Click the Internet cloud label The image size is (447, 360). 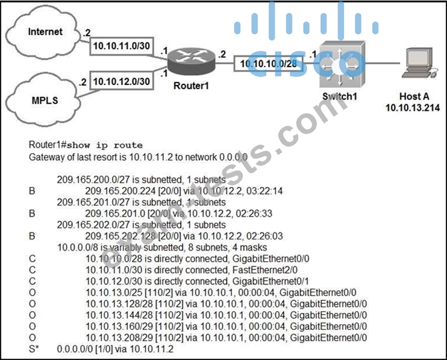click(x=45, y=31)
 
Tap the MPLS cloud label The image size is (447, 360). click(x=45, y=101)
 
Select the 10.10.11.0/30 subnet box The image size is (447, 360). click(x=122, y=46)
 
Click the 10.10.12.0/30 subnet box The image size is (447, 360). click(x=122, y=81)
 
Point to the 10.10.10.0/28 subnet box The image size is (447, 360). click(x=269, y=63)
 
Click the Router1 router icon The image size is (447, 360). click(x=191, y=62)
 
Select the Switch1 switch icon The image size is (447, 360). click(x=342, y=64)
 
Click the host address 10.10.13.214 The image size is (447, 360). click(x=413, y=107)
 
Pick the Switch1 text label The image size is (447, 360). click(x=340, y=96)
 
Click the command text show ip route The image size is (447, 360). click(x=105, y=145)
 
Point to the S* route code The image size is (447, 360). click(x=34, y=349)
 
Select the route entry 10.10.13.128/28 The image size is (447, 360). click(x=119, y=304)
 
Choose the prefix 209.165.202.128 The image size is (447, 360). click(x=120, y=236)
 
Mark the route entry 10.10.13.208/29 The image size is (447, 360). click(x=119, y=338)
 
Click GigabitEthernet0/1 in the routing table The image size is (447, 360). click(x=271, y=281)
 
